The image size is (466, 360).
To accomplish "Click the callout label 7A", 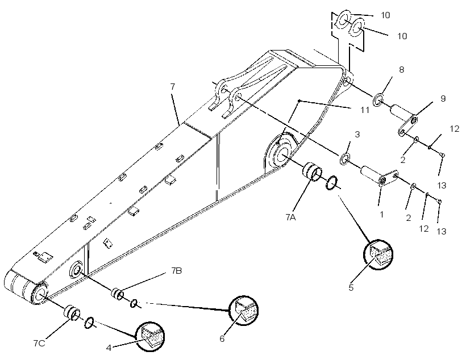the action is [x=290, y=217].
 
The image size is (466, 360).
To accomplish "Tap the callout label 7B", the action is [x=177, y=271].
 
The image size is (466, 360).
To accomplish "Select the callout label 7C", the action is [x=39, y=344].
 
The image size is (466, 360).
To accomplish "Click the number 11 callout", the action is [x=365, y=110].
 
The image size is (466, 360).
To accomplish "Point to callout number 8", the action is [x=402, y=70].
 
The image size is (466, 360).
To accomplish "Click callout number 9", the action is [x=443, y=99].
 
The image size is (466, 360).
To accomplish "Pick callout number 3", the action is [x=357, y=134].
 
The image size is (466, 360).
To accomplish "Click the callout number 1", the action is [x=382, y=214].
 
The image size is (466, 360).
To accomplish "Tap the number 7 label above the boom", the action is [x=173, y=87].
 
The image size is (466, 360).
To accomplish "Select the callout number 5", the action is [x=351, y=287].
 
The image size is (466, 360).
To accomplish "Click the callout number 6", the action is [x=222, y=338].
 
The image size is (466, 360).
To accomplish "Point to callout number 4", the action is [x=109, y=348].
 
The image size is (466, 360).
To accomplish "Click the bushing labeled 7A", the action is [x=312, y=171].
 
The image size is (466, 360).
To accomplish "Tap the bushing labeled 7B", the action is [x=117, y=294].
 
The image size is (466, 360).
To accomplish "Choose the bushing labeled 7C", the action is [x=72, y=313].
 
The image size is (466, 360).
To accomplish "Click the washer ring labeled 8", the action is [x=378, y=100].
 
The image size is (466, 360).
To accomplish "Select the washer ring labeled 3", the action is [x=344, y=159].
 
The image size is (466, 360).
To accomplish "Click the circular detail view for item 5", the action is [x=378, y=254].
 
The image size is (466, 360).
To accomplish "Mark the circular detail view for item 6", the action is [x=244, y=311].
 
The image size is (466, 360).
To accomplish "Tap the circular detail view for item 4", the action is [x=150, y=337].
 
